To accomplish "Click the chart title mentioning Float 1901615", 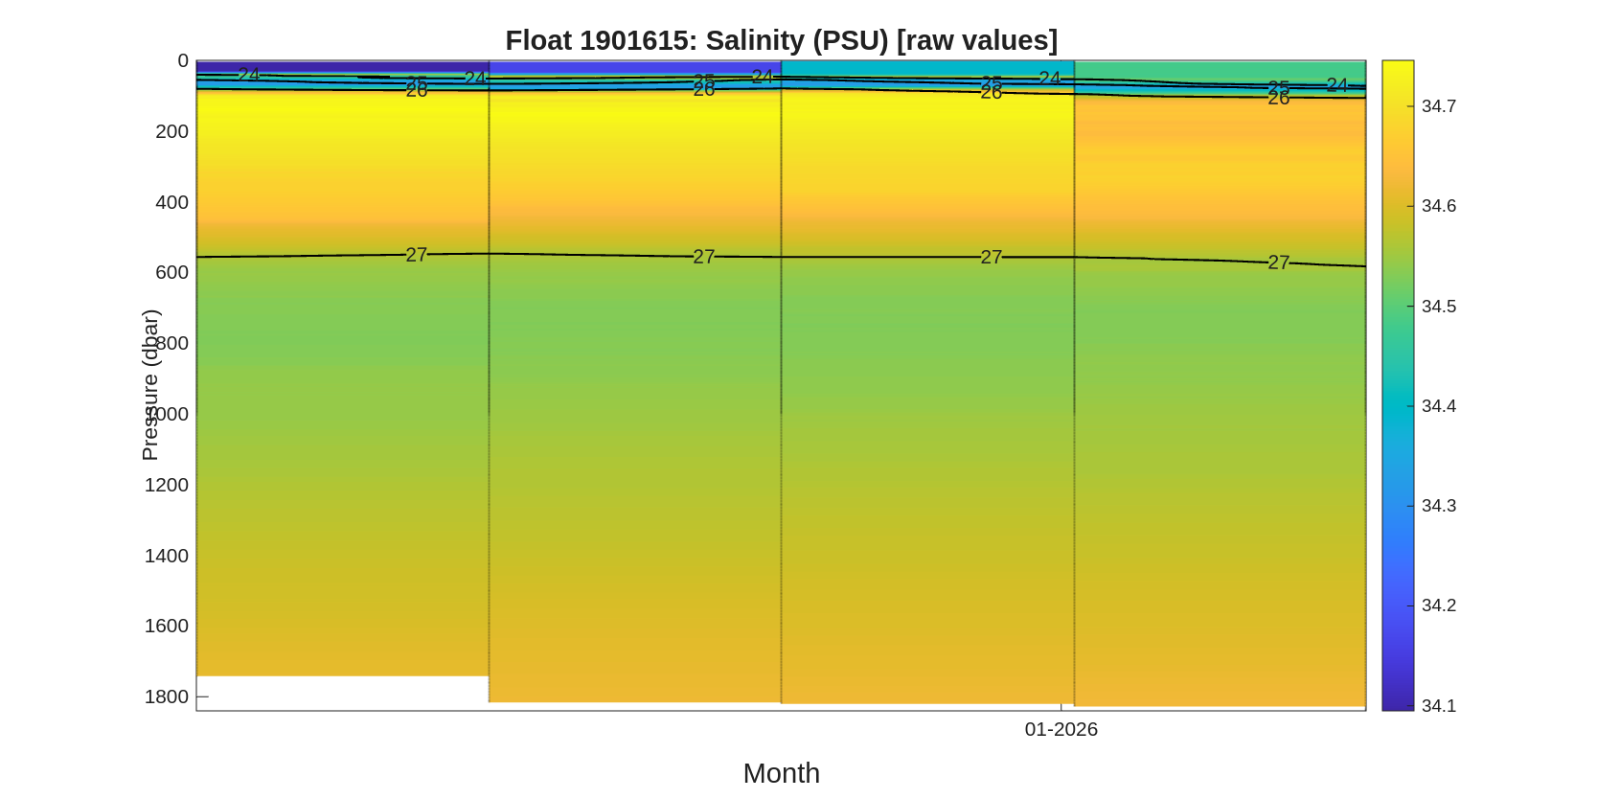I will click(781, 40).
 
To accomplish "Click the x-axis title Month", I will click(781, 772).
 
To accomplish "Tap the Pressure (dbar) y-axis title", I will click(150, 385).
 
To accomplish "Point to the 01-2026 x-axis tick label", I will click(1061, 729).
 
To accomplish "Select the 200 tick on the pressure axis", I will click(171, 131).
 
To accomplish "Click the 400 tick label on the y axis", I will click(171, 202).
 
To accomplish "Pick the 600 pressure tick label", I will click(171, 272).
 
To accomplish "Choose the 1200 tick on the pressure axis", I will click(167, 485).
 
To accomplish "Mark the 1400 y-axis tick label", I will click(167, 556).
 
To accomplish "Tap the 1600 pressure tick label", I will click(167, 626).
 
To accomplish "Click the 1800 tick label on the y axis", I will click(167, 696).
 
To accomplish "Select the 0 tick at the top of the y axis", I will click(183, 60).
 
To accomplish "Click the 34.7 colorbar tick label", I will click(1438, 106).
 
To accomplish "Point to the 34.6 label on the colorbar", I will click(1438, 206).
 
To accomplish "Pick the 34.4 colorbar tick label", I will click(1438, 406).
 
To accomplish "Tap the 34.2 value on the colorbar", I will click(1438, 605).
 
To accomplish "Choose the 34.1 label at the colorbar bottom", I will click(1438, 706).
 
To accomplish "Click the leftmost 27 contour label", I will click(416, 255).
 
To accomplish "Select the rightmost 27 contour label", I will click(1278, 263).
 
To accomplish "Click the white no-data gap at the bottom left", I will click(342, 692).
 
